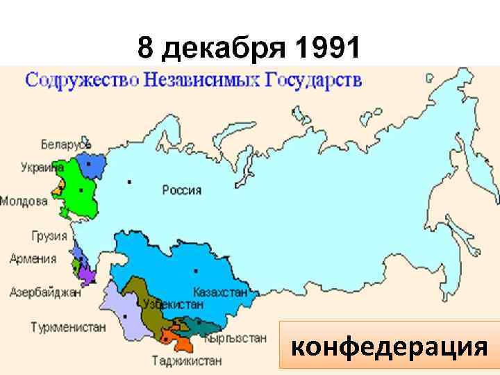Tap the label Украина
tap(42, 167)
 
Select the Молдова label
tap(24, 201)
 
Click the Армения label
tap(33, 258)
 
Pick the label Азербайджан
tap(45, 292)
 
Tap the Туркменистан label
tap(68, 326)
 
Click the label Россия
tap(182, 190)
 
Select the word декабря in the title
tap(224, 49)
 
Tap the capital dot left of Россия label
tap(130, 182)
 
